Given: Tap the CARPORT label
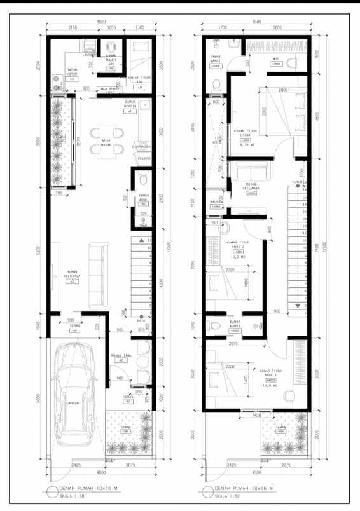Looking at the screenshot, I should [x=74, y=404].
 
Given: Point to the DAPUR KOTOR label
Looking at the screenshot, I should [x=72, y=72].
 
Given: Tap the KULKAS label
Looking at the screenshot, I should [x=144, y=158].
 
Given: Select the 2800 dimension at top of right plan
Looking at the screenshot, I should [x=277, y=28].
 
